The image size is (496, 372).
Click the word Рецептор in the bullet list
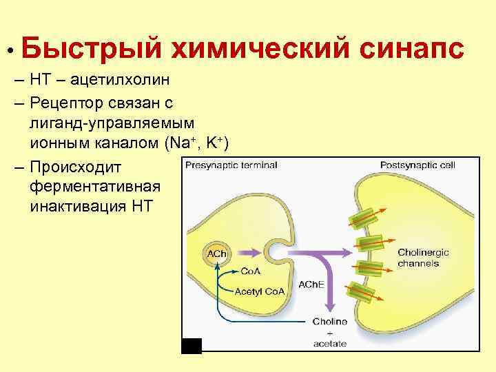coord(72,103)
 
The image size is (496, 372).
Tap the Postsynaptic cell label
coord(417,165)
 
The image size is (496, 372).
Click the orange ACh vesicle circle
coord(213,256)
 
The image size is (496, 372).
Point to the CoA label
coord(250,271)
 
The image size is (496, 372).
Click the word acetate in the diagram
coord(329,343)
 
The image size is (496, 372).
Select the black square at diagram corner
coord(192,345)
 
